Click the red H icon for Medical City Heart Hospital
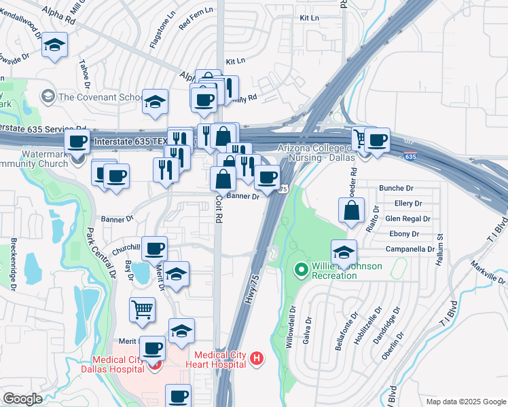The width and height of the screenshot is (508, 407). [x=256, y=359]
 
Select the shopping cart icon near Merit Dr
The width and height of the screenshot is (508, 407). [x=142, y=310]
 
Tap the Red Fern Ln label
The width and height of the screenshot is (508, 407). [x=195, y=24]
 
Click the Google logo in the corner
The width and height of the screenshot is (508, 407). [x=22, y=398]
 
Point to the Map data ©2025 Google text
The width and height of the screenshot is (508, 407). [x=465, y=402]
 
